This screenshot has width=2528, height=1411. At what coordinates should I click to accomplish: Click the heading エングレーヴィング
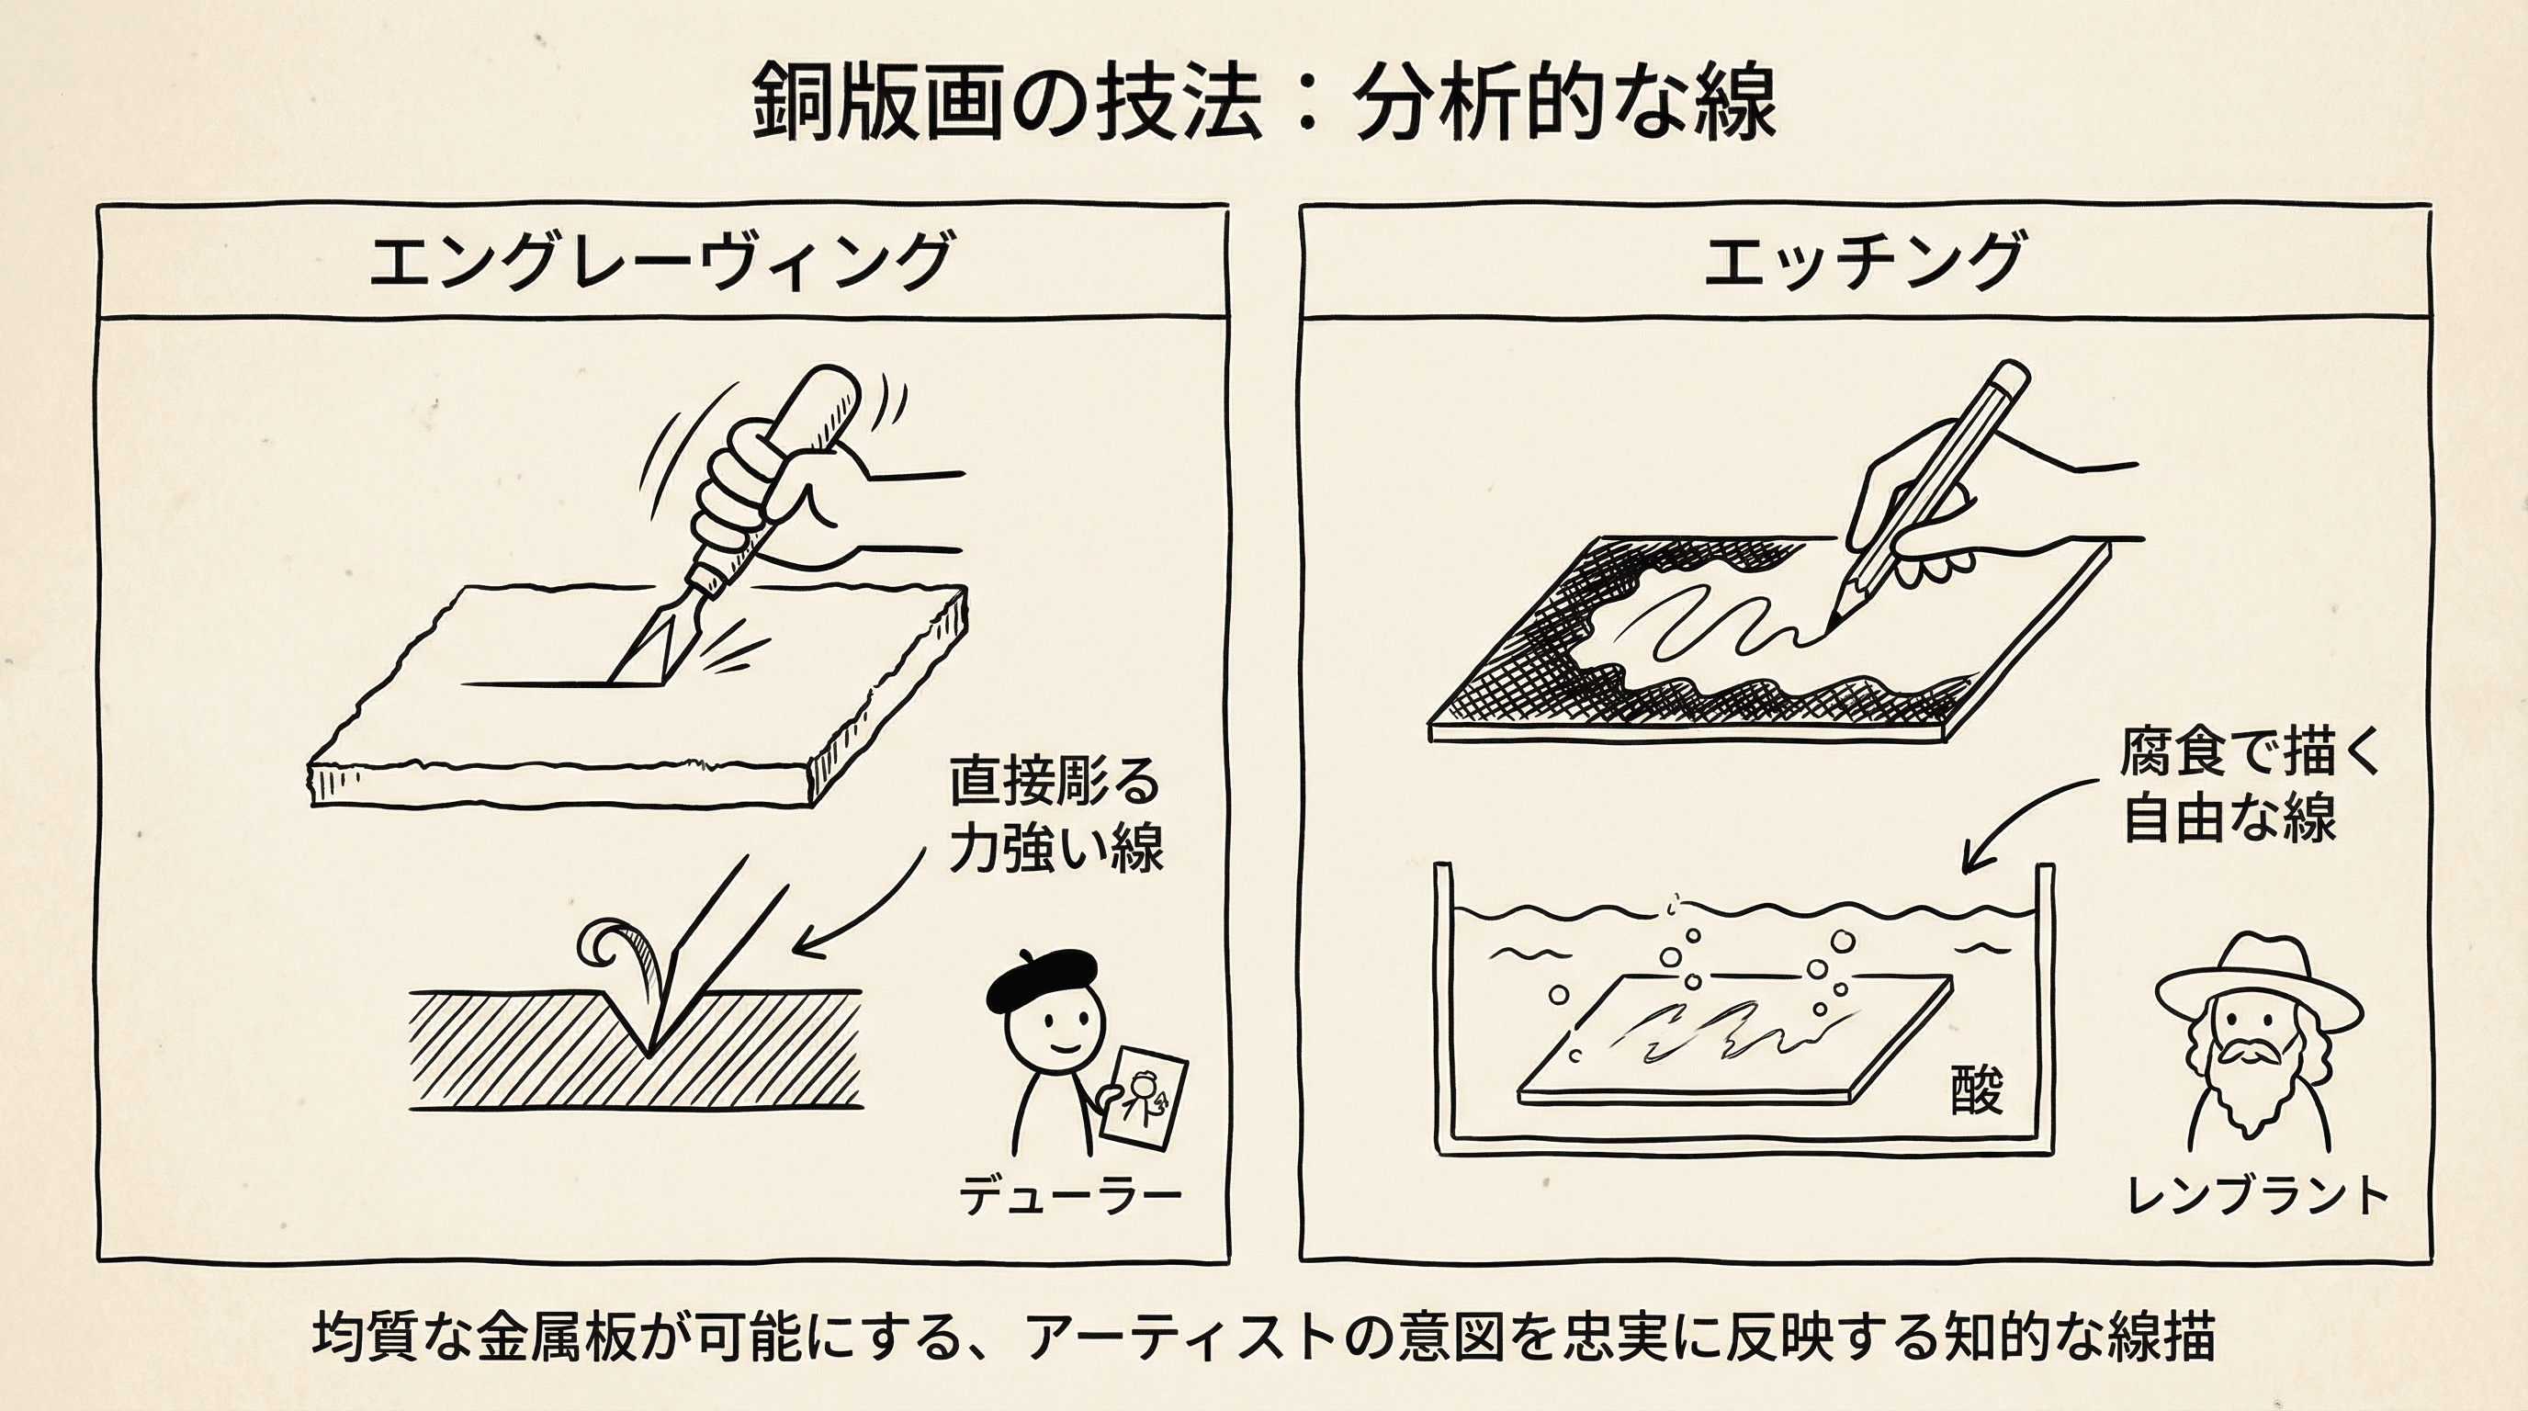[660, 261]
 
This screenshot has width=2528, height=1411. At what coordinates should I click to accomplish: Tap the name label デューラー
[1069, 1195]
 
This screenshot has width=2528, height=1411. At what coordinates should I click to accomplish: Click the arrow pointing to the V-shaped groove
[863, 908]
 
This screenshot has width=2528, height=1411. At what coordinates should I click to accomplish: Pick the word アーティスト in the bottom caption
[1174, 1338]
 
